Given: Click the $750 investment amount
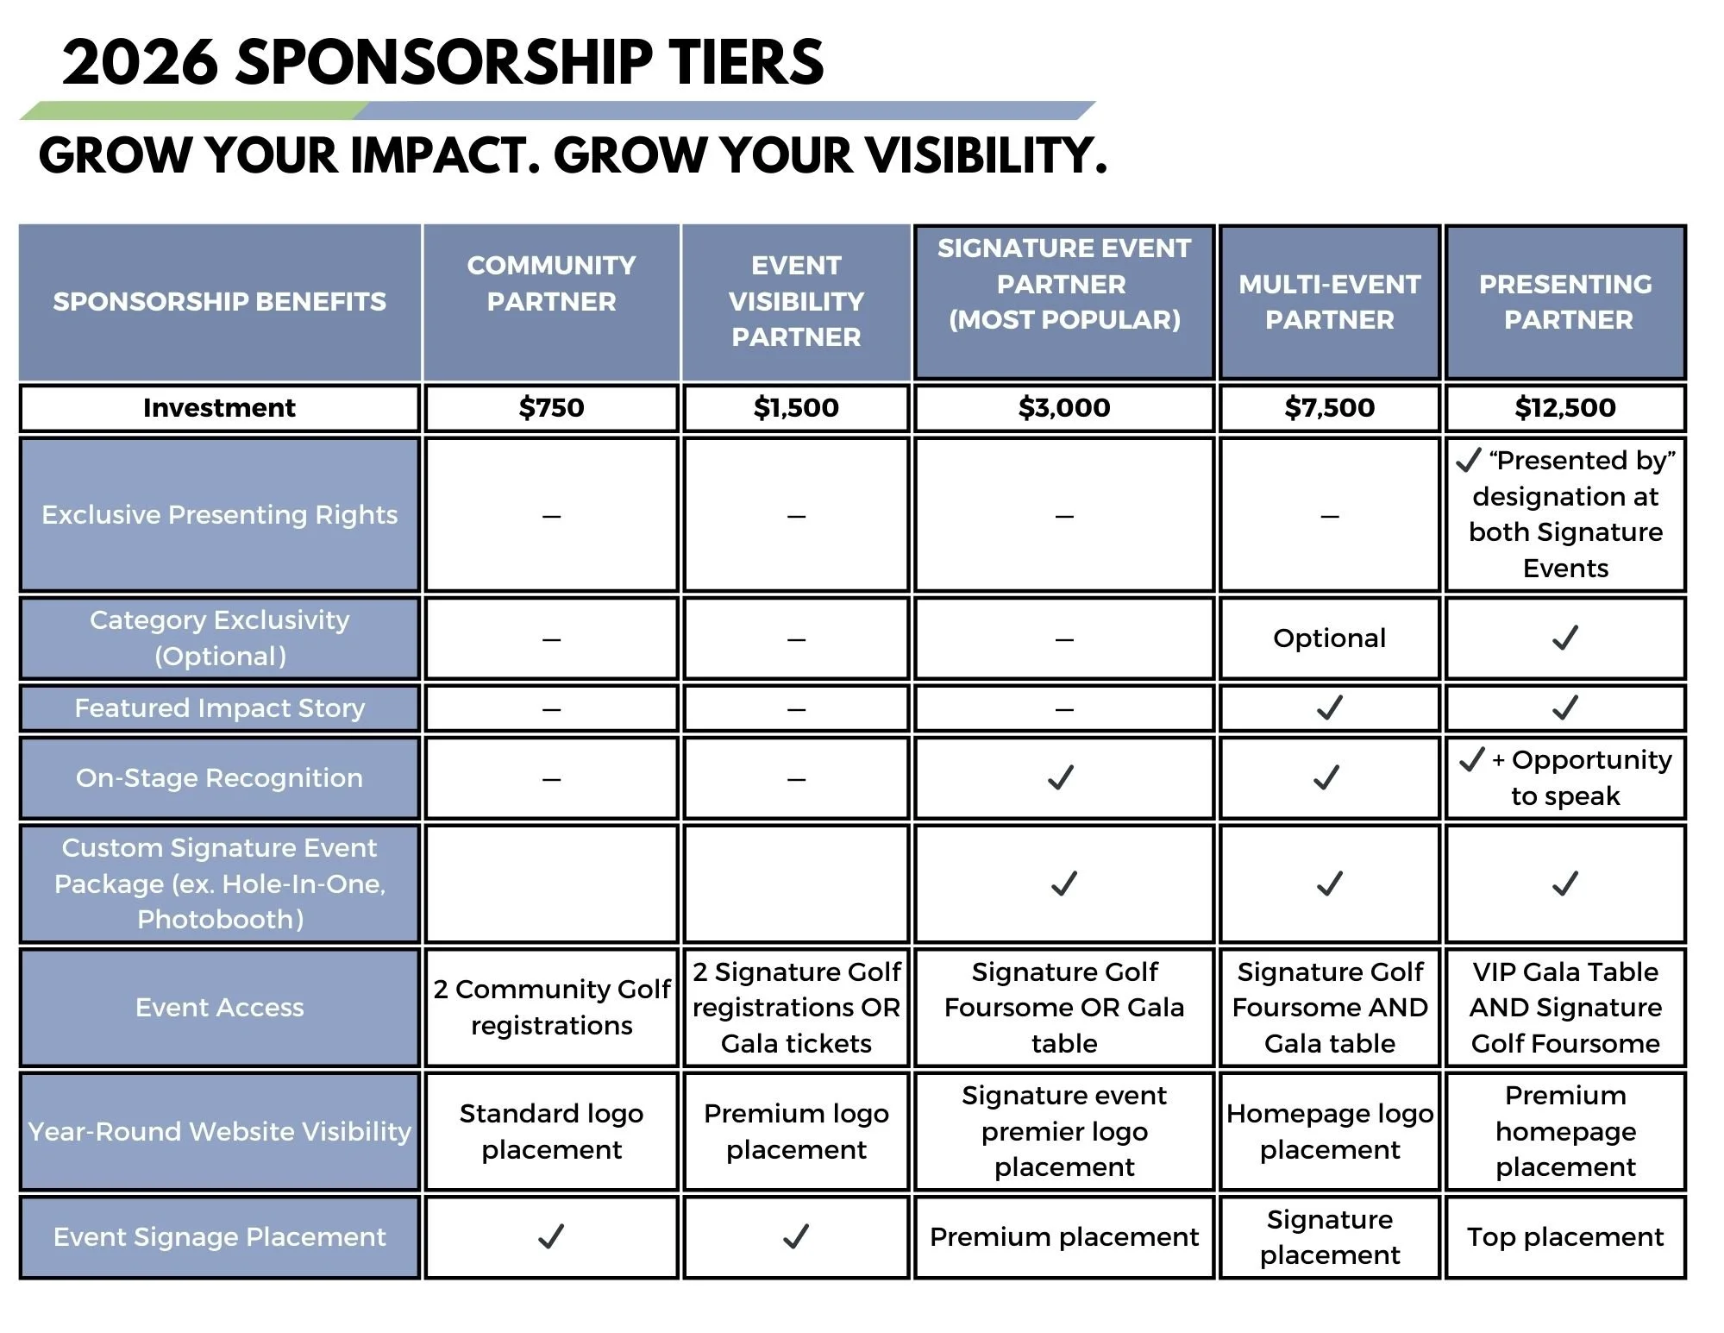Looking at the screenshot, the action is point(551,407).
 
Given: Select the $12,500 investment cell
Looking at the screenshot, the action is point(1564,407).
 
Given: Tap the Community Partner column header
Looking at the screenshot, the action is point(551,283).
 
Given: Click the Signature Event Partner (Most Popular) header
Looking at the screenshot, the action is point(1063,284).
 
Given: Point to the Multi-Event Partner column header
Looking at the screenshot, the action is point(1329,302).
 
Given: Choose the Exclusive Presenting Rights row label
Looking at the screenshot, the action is point(219,514).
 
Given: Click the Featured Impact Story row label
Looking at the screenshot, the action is point(219,707).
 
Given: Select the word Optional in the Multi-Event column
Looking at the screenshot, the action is point(1329,638).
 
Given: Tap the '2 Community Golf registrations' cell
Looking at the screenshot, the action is point(551,1007).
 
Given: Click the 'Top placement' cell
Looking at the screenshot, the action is point(1564,1236).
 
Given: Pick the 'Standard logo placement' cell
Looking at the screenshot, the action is point(551,1131).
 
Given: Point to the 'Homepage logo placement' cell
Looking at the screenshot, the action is point(1329,1131).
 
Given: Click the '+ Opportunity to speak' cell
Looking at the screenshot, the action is point(1564,777).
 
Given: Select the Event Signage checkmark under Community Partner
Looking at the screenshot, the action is point(551,1236).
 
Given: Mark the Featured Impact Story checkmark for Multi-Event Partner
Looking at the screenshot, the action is point(1329,707).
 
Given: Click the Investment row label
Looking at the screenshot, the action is point(219,407).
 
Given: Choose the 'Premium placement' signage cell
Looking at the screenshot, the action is point(1063,1236).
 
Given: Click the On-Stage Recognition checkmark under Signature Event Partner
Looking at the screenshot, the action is point(1061,777).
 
